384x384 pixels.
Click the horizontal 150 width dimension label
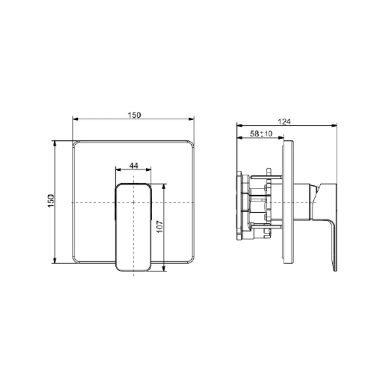point(134,115)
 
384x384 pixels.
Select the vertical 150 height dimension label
point(51,201)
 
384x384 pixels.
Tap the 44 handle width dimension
point(133,165)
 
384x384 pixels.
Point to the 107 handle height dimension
point(160,226)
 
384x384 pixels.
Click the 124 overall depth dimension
point(284,121)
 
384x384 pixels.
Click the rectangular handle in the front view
point(133,228)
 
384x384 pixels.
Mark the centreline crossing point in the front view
point(133,202)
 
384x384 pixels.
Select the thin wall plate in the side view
point(288,202)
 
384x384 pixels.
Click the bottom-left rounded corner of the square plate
point(75,260)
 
